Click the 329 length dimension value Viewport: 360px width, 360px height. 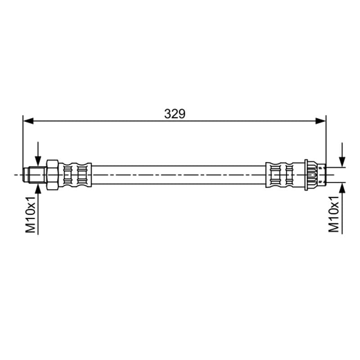point(175,114)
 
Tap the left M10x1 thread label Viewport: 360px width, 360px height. point(31,215)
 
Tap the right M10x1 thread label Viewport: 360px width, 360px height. point(334,214)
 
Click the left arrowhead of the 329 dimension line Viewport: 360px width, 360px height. point(28,121)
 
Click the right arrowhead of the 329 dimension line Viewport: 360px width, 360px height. point(321,121)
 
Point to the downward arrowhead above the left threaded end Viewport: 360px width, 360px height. point(38,161)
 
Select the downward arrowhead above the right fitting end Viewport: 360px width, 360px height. point(342,162)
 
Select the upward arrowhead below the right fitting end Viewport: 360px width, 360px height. point(342,188)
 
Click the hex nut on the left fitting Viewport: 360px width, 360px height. point(53,175)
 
